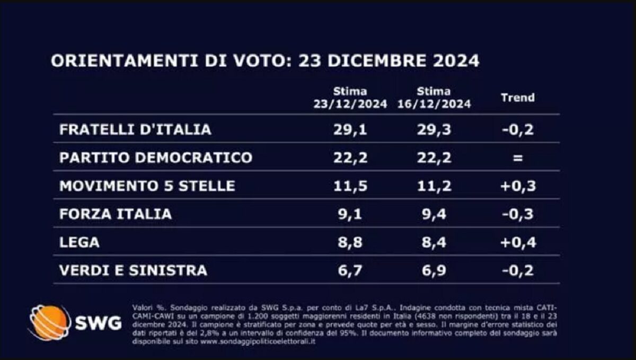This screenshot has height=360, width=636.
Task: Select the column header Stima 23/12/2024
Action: [350, 98]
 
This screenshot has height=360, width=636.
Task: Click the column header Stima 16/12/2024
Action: [434, 98]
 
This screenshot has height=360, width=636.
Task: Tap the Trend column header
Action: [518, 98]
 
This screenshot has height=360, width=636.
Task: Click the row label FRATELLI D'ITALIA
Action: [135, 129]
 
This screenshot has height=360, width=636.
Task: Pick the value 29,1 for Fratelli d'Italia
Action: [350, 129]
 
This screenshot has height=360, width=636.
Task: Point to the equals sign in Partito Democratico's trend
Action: [518, 158]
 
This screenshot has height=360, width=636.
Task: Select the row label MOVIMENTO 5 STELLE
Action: [147, 186]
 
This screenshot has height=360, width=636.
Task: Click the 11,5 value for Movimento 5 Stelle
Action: [350, 186]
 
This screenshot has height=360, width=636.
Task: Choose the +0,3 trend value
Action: [518, 186]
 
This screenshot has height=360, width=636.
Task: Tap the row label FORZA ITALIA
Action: [116, 214]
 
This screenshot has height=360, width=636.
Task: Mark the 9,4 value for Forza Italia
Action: [434, 214]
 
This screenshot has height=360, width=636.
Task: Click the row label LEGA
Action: [79, 242]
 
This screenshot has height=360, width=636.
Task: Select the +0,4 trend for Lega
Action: [518, 242]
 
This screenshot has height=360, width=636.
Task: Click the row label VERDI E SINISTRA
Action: [133, 270]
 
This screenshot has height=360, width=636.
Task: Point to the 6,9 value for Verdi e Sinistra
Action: [434, 270]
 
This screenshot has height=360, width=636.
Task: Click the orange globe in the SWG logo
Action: [49, 322]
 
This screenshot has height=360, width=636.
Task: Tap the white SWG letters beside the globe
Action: [98, 323]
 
